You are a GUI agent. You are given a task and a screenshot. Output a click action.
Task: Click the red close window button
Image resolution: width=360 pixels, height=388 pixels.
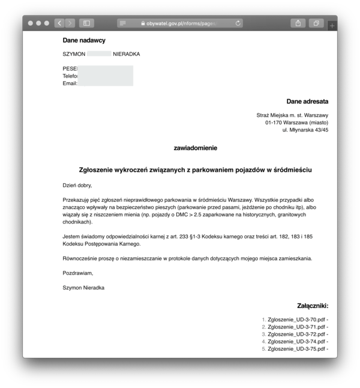[31, 23]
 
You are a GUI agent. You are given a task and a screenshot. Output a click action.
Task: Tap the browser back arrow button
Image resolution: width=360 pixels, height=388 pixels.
[59, 23]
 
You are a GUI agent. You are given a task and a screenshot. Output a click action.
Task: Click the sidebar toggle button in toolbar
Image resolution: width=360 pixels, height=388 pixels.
[86, 23]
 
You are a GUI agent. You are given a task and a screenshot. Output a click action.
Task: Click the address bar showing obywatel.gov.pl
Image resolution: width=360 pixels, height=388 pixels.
[180, 23]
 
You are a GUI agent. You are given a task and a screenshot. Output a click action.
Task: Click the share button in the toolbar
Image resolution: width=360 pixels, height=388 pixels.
[298, 23]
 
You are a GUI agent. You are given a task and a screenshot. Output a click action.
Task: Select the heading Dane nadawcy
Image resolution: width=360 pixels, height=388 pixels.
[84, 40]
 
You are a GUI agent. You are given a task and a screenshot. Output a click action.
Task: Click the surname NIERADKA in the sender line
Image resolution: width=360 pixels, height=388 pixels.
[126, 54]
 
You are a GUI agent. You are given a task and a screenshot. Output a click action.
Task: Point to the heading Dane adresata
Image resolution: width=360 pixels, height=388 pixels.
[307, 102]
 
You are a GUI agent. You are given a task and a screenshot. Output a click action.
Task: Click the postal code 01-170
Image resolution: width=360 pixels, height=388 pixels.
[274, 123]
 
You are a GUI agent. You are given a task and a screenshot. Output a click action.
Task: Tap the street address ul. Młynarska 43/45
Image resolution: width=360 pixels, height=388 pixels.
[305, 130]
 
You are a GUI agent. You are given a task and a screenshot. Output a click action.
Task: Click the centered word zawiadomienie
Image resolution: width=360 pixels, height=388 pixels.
[195, 148]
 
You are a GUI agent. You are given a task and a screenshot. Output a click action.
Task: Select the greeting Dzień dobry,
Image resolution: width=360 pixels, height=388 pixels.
[77, 185]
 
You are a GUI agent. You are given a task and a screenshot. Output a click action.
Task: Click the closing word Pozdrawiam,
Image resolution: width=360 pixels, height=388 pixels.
[78, 273]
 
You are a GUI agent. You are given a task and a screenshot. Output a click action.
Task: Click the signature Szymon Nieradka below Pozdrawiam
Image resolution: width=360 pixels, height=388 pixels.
[83, 288]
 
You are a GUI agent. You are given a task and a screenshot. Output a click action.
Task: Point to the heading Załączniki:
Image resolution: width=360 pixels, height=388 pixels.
[313, 306]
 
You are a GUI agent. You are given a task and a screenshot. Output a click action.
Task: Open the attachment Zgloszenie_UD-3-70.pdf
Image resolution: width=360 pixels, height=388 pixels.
[296, 320]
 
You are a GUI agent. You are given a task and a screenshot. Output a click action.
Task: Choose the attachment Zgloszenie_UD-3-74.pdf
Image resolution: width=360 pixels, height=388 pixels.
[296, 342]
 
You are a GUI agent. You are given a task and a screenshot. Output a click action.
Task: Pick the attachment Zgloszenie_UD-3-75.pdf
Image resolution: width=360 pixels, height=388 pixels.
[296, 349]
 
